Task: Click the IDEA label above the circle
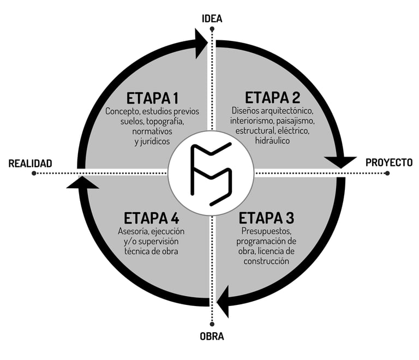click(212, 18)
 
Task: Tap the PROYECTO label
click(388, 163)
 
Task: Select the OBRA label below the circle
click(212, 336)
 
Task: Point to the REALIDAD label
click(30, 163)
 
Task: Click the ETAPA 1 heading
click(152, 98)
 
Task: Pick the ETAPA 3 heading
click(267, 218)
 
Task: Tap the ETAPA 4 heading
click(152, 218)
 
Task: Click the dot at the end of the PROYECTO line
click(387, 173)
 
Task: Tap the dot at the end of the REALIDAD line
click(34, 173)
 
